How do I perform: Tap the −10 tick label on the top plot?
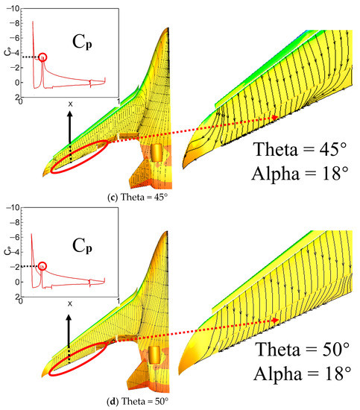13,7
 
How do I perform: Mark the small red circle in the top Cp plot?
42,57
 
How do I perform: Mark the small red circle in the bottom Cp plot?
42,266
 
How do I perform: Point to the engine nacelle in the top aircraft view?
157,153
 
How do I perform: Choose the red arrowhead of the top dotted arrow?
277,117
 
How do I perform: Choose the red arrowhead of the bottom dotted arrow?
277,320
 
